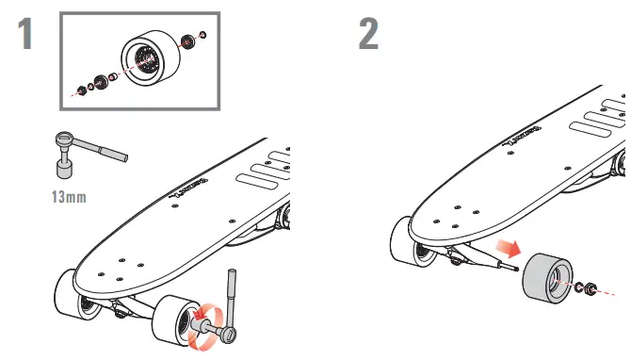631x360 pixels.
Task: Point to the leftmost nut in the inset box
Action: (x=80, y=91)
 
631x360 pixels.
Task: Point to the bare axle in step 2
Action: (x=510, y=266)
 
